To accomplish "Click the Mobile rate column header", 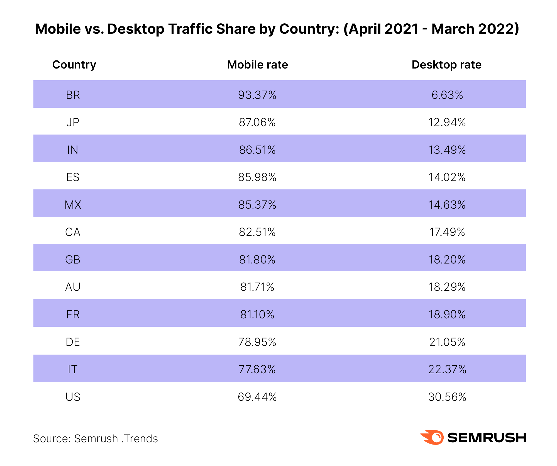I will tap(257, 65).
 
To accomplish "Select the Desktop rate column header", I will tap(446, 65).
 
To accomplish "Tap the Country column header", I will tap(74, 65).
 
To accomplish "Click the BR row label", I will tap(73, 95).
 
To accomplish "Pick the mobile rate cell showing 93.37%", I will tap(257, 95).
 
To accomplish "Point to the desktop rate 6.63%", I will tap(447, 95).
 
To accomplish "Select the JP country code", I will tap(73, 122).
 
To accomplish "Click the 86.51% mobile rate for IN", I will tap(257, 150).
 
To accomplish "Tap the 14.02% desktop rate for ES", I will tap(447, 177).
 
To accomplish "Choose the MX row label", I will tap(73, 205).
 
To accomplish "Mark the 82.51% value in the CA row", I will tap(257, 232).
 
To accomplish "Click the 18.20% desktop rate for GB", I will tap(447, 260).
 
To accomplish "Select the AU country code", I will tap(73, 287).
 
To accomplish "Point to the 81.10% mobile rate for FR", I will tap(257, 314).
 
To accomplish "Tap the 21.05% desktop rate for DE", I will tap(447, 342).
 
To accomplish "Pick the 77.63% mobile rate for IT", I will tap(257, 369).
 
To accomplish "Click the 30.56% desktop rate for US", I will tap(447, 397).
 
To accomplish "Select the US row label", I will tap(73, 397).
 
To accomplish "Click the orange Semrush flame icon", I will tap(432, 437).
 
